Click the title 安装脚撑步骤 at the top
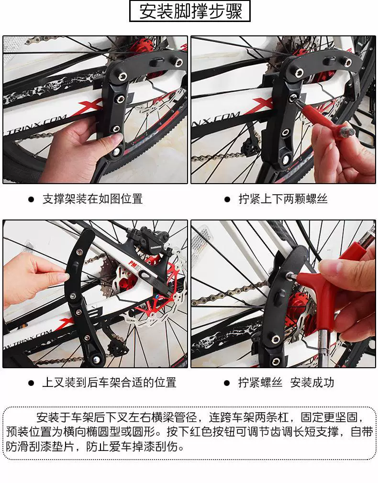[x=190, y=11]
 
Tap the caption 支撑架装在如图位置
[x=92, y=198]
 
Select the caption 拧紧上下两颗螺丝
[x=283, y=198]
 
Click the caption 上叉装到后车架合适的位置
[x=109, y=382]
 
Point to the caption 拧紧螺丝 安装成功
[x=286, y=382]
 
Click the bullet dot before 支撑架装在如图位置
[x=31, y=199]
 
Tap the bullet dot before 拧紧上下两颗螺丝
[x=227, y=199]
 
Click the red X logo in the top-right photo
[x=265, y=106]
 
